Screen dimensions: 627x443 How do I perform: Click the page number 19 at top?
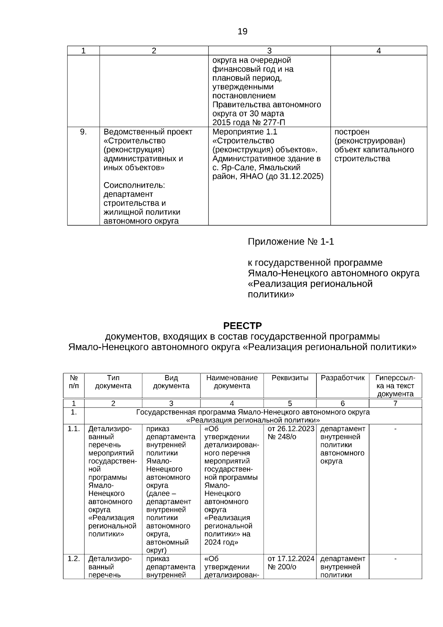[x=243, y=31]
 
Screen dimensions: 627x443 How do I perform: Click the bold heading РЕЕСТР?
[x=242, y=326]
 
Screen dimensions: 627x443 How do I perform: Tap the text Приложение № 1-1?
[x=291, y=242]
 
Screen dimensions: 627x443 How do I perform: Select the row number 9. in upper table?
[x=83, y=132]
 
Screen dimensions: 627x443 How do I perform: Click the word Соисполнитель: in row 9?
[x=134, y=185]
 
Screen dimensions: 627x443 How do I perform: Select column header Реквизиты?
[x=290, y=378]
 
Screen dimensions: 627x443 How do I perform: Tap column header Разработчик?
[x=342, y=378]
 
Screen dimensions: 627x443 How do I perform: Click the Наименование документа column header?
[x=232, y=382]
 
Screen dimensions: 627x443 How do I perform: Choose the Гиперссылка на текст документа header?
[x=395, y=386]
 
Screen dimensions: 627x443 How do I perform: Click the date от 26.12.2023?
[x=291, y=429]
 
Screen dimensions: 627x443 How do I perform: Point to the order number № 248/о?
[x=282, y=437]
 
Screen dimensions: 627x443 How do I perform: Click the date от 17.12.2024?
[x=291, y=559]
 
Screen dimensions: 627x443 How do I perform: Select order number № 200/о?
[x=282, y=567]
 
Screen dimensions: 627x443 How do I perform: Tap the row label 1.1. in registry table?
[x=73, y=429]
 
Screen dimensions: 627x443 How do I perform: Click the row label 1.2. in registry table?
[x=73, y=559]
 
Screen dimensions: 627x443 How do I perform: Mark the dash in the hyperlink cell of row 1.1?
[x=395, y=429]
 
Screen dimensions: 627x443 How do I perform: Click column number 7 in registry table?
[x=395, y=403]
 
